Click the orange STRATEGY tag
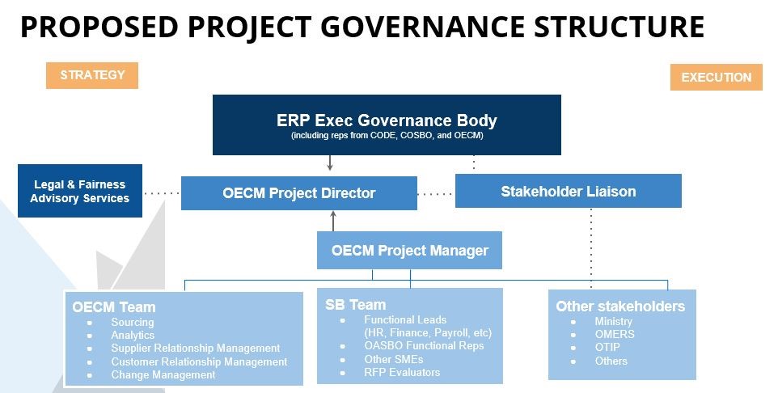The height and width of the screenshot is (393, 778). coord(92,75)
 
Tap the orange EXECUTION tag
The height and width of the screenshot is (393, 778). coord(716,78)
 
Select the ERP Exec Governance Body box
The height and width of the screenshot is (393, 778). coord(387,125)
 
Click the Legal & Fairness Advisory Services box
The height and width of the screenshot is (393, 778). coord(80,191)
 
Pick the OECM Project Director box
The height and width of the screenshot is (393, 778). coord(298,193)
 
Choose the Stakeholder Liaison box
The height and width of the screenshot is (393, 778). coord(568,191)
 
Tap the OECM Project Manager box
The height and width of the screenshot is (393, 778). coord(409,250)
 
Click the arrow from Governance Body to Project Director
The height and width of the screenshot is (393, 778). coord(329,163)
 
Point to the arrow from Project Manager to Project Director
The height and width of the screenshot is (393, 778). coord(333,222)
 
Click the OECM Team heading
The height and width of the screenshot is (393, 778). coord(114,307)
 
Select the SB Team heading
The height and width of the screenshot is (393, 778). coord(355,305)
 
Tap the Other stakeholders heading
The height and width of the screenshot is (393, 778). coord(620,306)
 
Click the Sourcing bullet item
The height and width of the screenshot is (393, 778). coord(132,322)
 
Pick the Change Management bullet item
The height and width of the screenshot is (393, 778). coord(163,374)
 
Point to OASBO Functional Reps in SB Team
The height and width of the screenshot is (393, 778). coord(424,346)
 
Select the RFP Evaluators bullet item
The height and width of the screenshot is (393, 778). coord(402,372)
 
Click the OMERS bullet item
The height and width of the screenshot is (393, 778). coord(615,334)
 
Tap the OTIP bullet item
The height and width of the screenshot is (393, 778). coord(607,348)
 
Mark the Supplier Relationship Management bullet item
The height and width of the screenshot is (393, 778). coord(196,349)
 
